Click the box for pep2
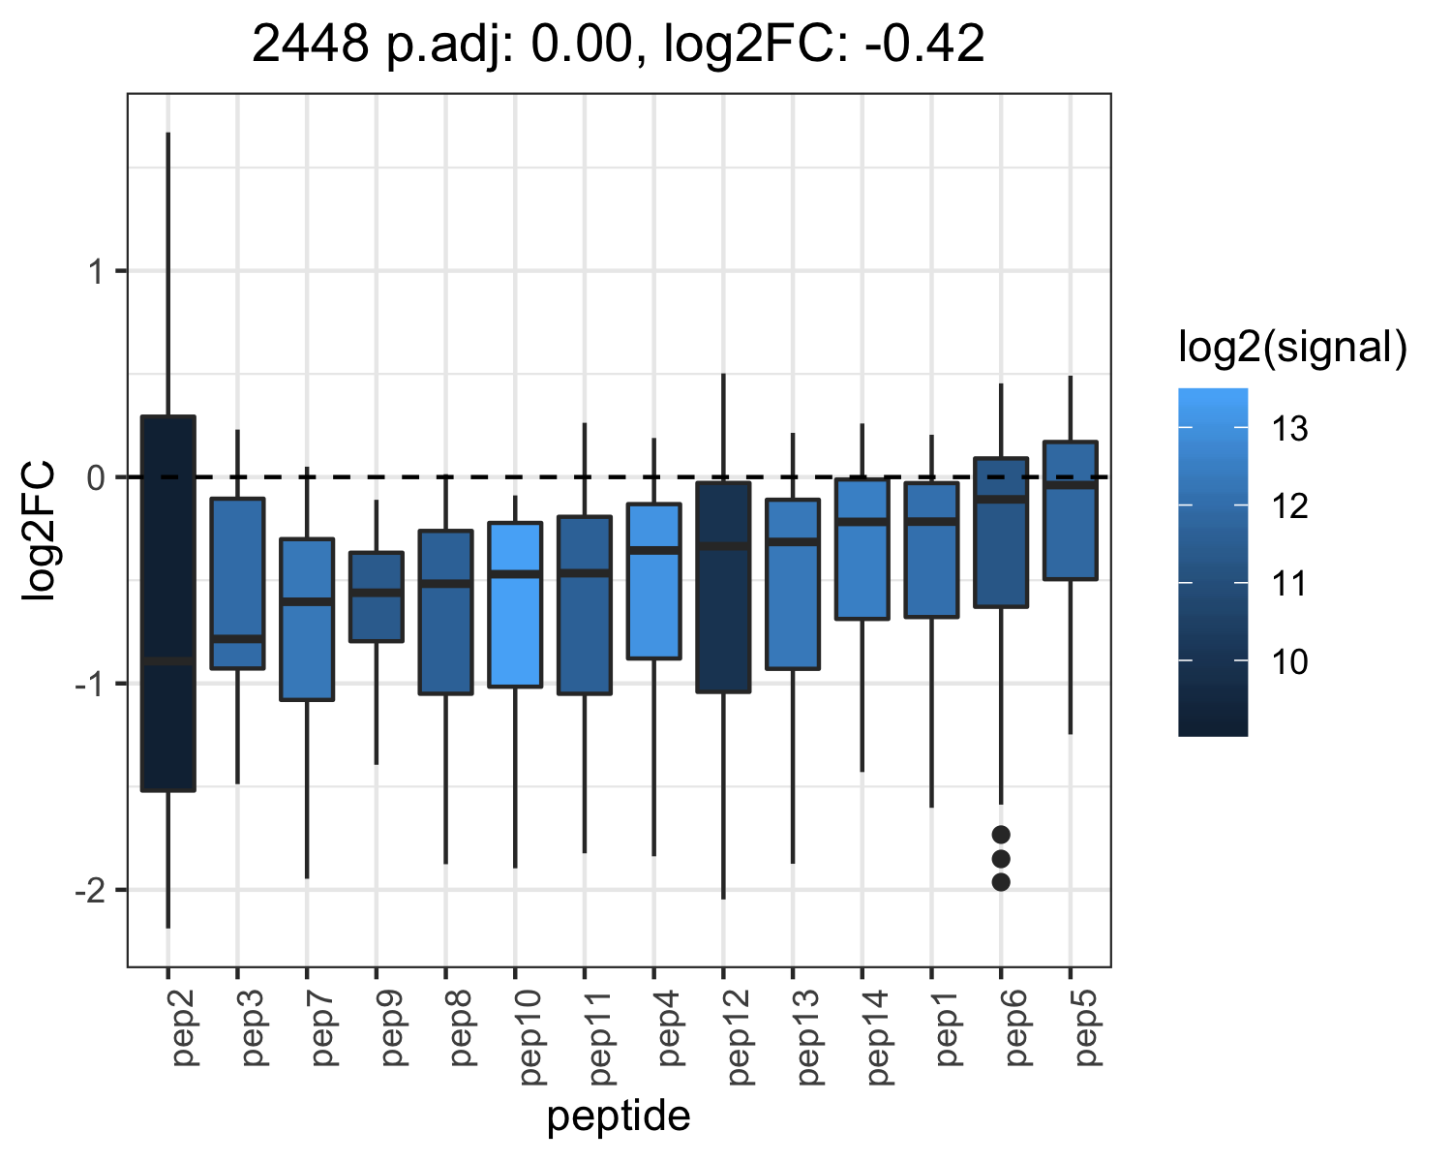(168, 603)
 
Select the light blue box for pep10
(516, 604)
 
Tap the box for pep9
(377, 596)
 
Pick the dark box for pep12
(723, 587)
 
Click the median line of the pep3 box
(237, 639)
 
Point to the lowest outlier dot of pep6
(1001, 882)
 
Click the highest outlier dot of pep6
(1001, 835)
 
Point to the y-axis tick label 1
(97, 272)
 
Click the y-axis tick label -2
(90, 891)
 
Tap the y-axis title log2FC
(38, 530)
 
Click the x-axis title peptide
(619, 1116)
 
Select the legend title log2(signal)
(1293, 348)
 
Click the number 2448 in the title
(311, 44)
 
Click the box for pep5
(1071, 510)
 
